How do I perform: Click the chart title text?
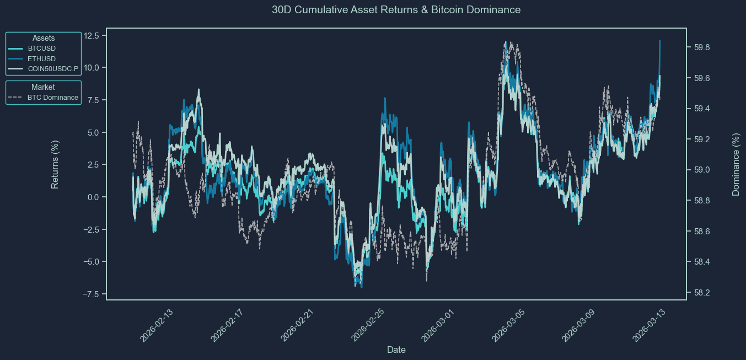[x=396, y=10]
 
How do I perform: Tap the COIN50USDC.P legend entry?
[x=53, y=69]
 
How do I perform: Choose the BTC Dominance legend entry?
[x=52, y=98]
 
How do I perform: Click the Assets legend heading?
[x=43, y=38]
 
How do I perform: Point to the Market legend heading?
[x=43, y=87]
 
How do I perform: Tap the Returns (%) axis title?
[x=55, y=164]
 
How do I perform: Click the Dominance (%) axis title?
[x=736, y=164]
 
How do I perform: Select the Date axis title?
[x=396, y=350]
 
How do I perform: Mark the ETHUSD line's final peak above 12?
[x=659, y=41]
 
